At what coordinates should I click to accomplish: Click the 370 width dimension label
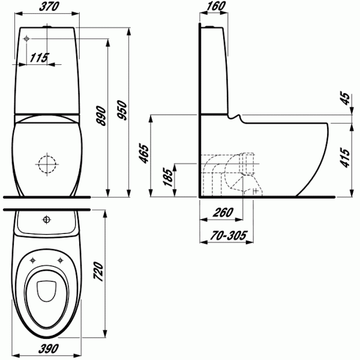[49, 6]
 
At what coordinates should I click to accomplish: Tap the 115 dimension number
[39, 58]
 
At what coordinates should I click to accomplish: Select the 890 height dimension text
[101, 116]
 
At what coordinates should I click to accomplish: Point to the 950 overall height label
[122, 110]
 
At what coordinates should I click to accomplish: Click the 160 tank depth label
[215, 6]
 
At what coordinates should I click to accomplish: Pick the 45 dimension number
[346, 99]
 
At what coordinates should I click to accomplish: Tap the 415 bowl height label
[345, 157]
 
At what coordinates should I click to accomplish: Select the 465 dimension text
[145, 154]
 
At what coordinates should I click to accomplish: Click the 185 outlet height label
[168, 177]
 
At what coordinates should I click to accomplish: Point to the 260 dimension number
[223, 212]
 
